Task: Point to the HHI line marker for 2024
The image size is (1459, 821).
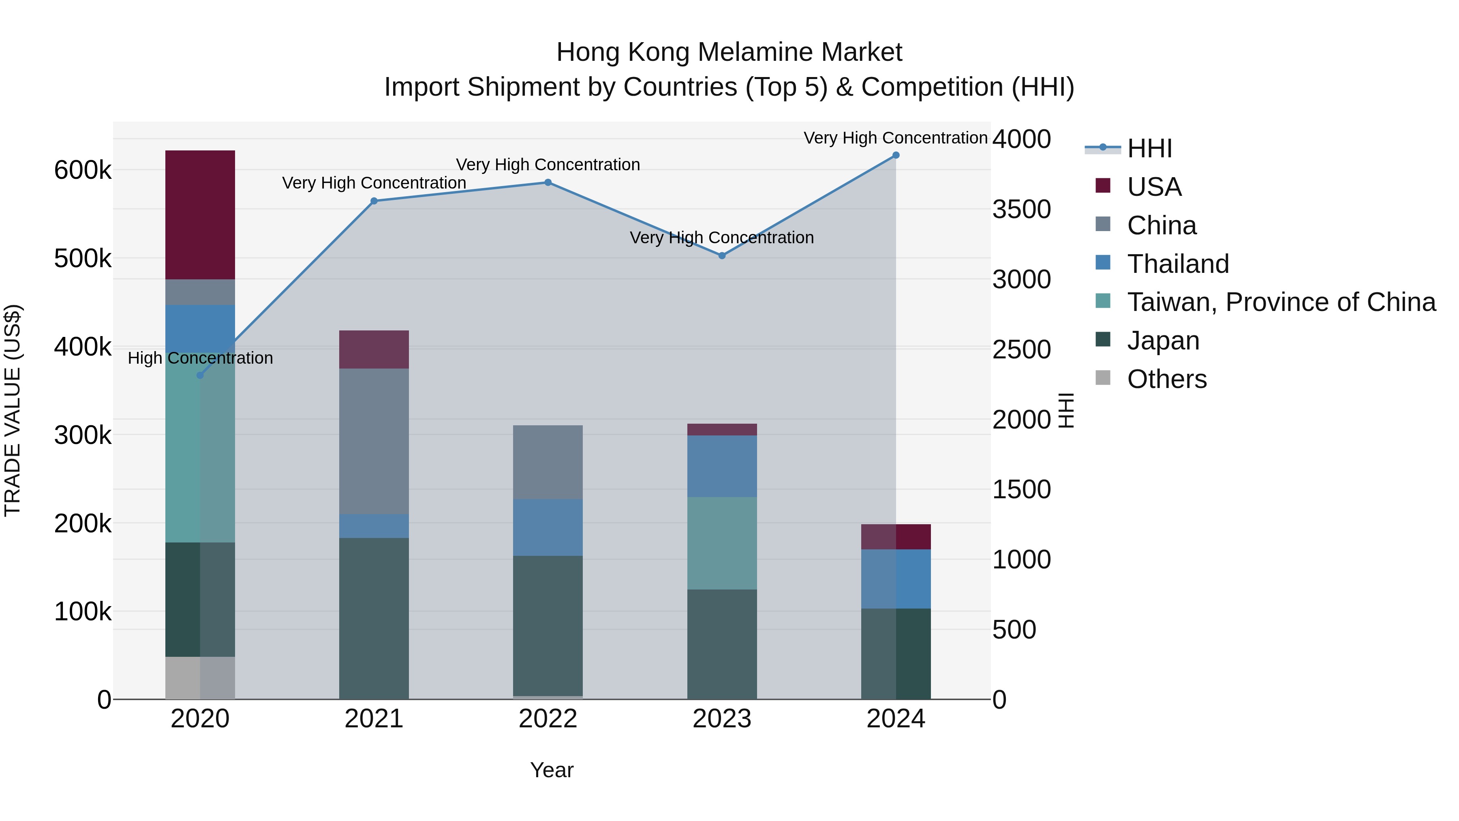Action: [895, 155]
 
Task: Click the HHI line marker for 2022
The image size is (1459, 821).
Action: [548, 182]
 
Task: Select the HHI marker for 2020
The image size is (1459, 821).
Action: [200, 375]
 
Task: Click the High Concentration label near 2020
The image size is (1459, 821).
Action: [200, 358]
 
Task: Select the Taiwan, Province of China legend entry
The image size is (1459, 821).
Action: [1280, 302]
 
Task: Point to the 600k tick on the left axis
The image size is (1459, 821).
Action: [83, 170]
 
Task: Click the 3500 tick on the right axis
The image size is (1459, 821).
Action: [1021, 209]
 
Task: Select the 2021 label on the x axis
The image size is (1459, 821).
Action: [374, 719]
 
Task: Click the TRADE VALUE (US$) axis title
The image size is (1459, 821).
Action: [13, 410]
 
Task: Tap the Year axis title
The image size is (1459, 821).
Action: [552, 770]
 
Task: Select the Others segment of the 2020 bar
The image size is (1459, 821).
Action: [200, 677]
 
